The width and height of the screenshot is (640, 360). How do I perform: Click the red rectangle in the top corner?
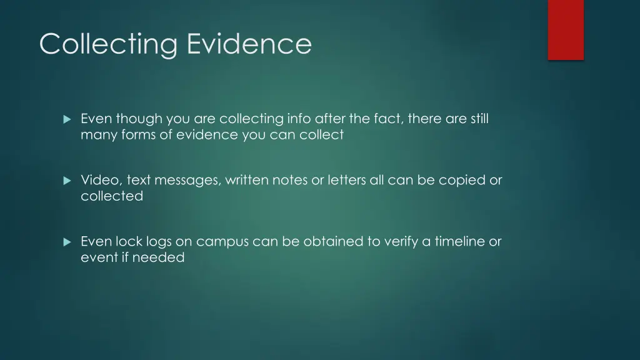[566, 29]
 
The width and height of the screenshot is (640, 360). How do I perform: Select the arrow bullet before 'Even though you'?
[67, 119]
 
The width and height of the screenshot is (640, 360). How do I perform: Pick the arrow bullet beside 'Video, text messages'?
[67, 181]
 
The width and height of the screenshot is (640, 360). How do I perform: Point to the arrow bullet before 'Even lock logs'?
[67, 242]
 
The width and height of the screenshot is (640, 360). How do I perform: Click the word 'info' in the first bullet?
[299, 119]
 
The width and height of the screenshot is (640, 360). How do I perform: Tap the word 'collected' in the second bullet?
[112, 196]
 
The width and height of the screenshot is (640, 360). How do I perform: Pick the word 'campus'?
[222, 242]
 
